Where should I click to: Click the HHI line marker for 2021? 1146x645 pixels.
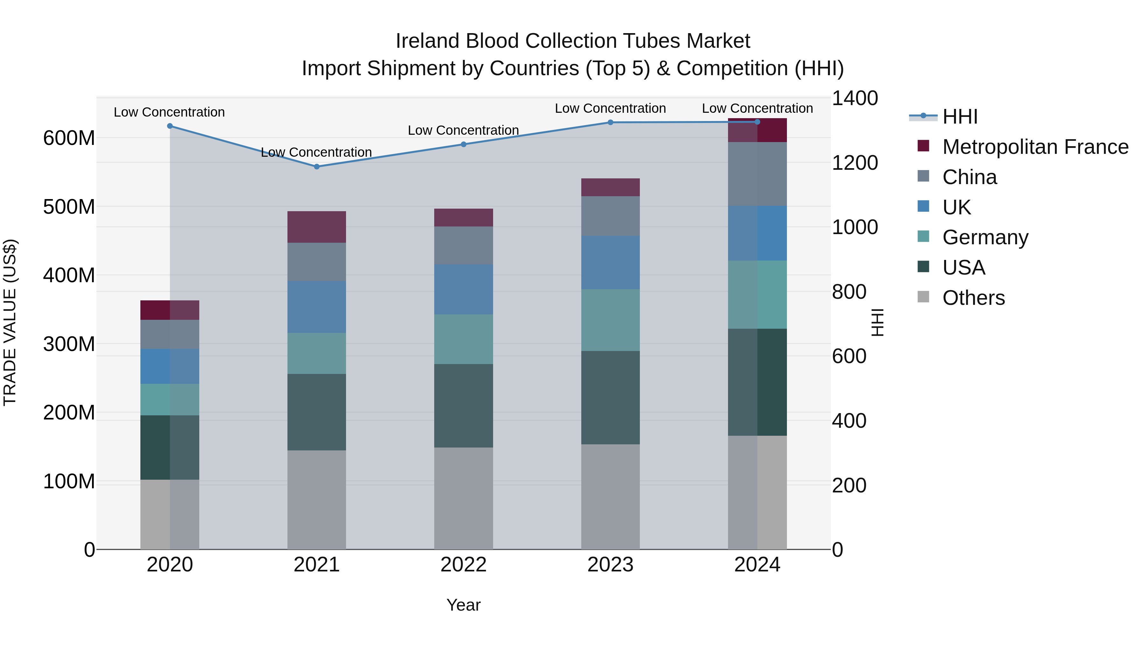pos(317,167)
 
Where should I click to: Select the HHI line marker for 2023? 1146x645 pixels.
pos(610,122)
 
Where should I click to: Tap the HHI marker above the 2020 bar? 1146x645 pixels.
pos(170,126)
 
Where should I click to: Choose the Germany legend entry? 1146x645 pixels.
pos(985,237)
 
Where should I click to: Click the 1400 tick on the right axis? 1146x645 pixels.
pos(855,98)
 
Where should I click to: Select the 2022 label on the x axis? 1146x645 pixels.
pos(463,565)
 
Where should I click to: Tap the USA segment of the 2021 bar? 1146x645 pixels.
pos(317,412)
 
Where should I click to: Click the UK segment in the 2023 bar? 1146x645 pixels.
pos(610,263)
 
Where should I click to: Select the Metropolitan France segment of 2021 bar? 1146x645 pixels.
pos(317,227)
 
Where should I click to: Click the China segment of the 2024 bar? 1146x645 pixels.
pos(757,174)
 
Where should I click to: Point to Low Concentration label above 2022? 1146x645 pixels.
pos(463,130)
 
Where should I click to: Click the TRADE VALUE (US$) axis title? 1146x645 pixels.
pos(10,322)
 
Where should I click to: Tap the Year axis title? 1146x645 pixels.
pos(463,605)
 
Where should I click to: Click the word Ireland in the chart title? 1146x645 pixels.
pos(428,41)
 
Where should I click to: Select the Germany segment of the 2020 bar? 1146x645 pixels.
pos(170,399)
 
